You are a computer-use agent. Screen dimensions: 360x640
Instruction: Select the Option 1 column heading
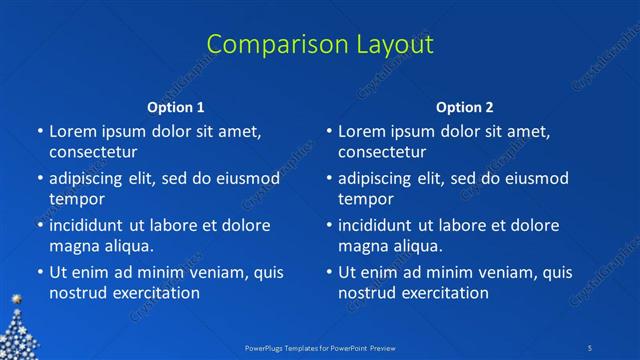pyautogui.click(x=176, y=107)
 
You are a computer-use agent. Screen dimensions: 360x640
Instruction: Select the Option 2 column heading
pyautogui.click(x=465, y=107)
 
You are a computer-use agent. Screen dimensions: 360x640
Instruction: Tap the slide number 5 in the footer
pyautogui.click(x=591, y=347)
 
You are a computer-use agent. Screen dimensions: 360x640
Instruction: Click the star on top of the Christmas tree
pyautogui.click(x=15, y=299)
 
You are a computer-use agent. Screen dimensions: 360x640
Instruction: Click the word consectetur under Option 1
pyautogui.click(x=93, y=152)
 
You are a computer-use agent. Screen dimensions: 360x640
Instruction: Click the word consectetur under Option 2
pyautogui.click(x=382, y=152)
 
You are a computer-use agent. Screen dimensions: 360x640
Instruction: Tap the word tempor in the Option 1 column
pyautogui.click(x=77, y=199)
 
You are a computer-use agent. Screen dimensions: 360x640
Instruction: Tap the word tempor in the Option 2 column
pyautogui.click(x=366, y=199)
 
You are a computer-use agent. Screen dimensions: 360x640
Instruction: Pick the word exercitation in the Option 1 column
pyautogui.click(x=155, y=293)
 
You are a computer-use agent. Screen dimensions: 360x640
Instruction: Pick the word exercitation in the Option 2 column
pyautogui.click(x=444, y=293)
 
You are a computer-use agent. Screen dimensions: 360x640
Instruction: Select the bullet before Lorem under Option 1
pyautogui.click(x=40, y=131)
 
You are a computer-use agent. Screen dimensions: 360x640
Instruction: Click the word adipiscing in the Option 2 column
pyautogui.click(x=379, y=179)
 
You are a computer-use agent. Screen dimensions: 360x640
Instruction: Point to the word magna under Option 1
pyautogui.click(x=72, y=246)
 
